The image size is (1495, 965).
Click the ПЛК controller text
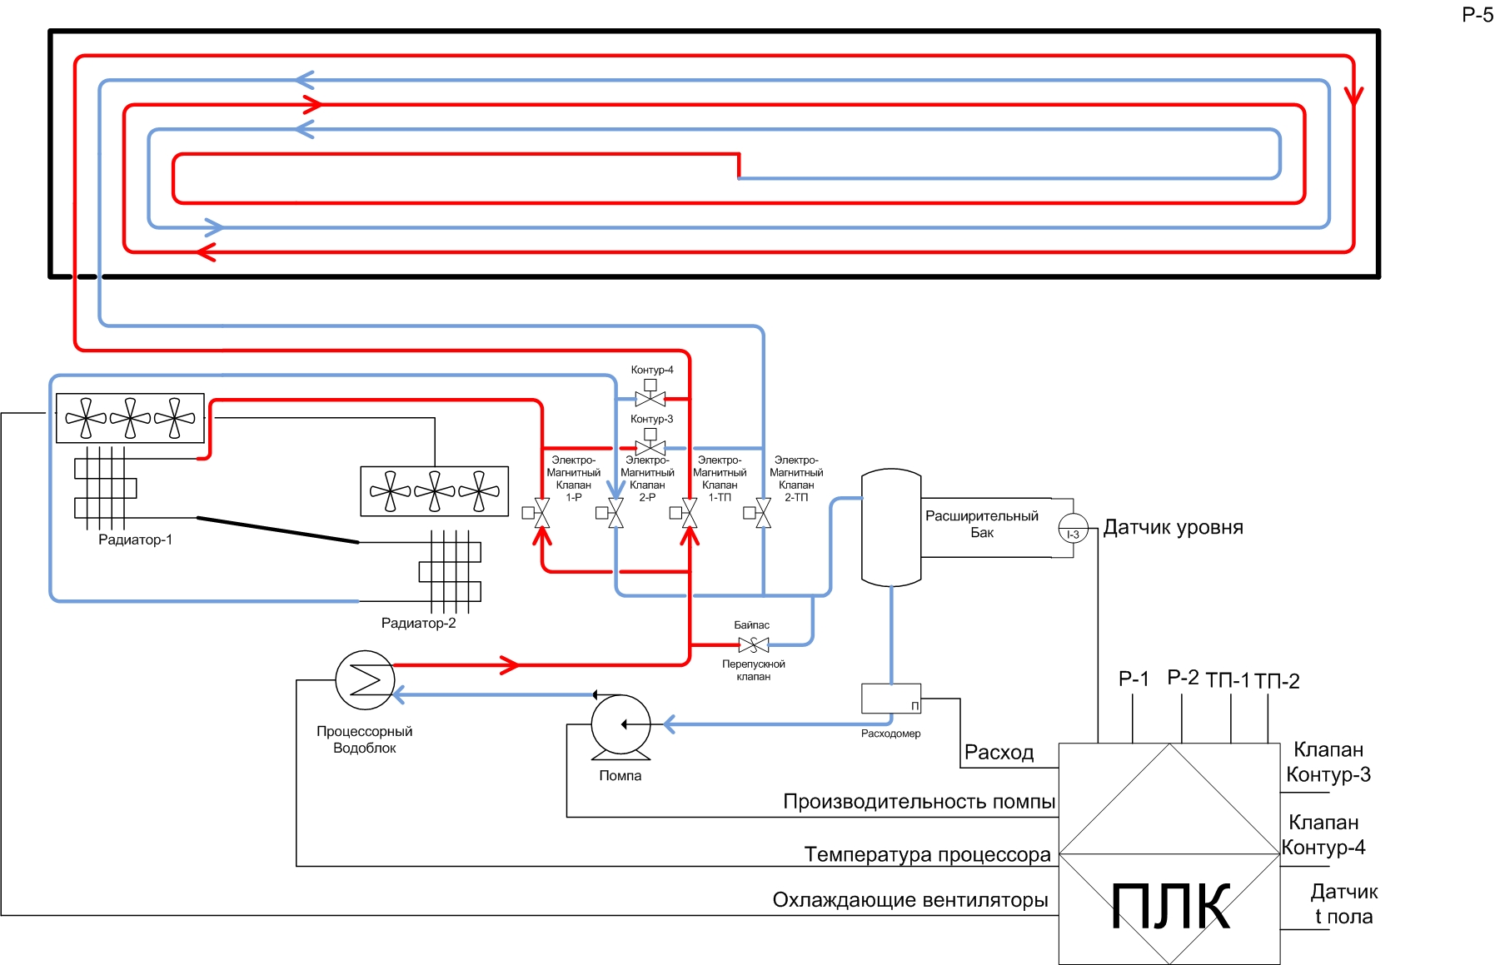(x=1170, y=907)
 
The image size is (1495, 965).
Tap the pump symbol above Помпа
(x=620, y=725)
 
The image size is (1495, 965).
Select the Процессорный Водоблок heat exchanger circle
(x=365, y=679)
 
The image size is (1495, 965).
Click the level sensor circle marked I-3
(x=1073, y=529)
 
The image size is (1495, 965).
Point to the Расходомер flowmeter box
(x=890, y=699)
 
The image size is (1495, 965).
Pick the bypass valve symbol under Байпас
(x=754, y=644)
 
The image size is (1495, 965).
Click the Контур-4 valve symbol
(x=650, y=398)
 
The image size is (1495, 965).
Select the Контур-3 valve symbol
(x=650, y=447)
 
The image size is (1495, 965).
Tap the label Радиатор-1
(x=135, y=540)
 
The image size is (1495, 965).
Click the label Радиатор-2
(x=418, y=623)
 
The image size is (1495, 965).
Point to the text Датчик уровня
(x=1173, y=527)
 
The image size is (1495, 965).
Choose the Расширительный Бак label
(x=982, y=524)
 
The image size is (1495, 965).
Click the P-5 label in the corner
(x=1478, y=15)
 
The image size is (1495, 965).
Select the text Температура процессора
(x=927, y=854)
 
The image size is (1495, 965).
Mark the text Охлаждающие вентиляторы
(x=909, y=900)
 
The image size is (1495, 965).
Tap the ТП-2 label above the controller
(x=1277, y=681)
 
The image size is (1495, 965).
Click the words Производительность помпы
(x=919, y=802)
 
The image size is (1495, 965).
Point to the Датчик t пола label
(x=1343, y=904)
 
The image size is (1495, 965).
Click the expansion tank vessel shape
(x=890, y=527)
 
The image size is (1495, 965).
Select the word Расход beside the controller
(x=999, y=753)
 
